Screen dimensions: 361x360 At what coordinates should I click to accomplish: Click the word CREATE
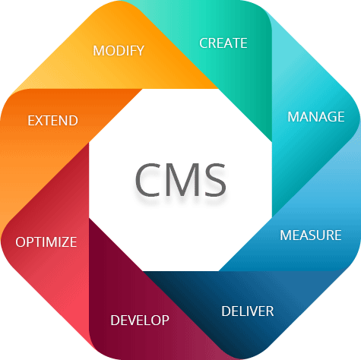coord(223,43)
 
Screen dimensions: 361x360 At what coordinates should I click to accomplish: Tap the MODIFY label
coord(119,51)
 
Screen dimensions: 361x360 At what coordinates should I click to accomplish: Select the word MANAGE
coord(316,117)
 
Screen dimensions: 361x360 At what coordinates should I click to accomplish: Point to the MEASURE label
coord(311,235)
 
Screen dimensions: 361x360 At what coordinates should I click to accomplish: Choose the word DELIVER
coord(248,311)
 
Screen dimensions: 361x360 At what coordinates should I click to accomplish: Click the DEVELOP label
coord(140,321)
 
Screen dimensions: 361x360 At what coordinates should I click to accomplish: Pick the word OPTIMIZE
coord(46,242)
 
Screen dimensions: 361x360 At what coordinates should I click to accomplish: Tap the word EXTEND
coord(52,121)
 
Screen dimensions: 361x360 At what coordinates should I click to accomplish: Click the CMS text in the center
coord(181,180)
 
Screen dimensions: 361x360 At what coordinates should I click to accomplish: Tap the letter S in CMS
coord(215,180)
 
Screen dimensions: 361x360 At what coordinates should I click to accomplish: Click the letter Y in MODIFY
coord(140,51)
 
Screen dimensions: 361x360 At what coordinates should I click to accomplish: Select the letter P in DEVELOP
coord(166,321)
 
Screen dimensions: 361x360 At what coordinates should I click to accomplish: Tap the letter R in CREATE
coord(213,43)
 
